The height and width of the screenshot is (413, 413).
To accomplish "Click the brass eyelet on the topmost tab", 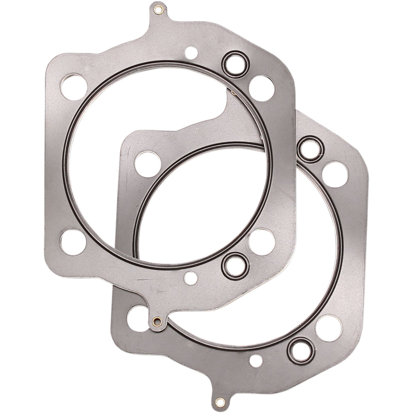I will pos(157,10).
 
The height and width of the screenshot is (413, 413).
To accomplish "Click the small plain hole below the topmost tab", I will pos(190,51).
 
